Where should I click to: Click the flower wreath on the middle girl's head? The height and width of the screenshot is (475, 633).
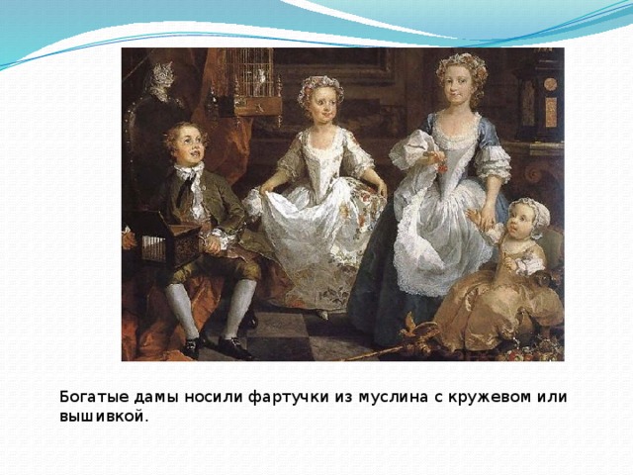[319, 86]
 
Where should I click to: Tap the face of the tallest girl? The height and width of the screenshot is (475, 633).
[455, 88]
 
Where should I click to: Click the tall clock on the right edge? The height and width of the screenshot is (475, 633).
[541, 97]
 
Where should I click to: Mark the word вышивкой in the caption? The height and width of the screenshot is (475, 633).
[102, 417]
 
